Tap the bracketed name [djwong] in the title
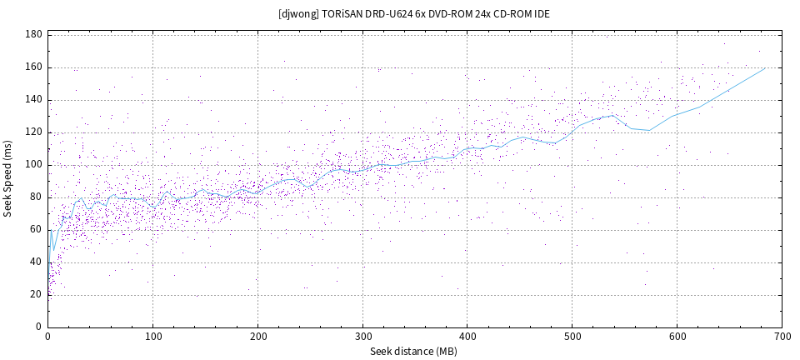click(297, 14)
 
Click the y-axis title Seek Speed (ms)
click(7, 180)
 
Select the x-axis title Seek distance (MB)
click(413, 352)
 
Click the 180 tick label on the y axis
click(34, 35)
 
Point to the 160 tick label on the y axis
click(34, 67)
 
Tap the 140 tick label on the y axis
click(34, 100)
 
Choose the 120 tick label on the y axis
click(34, 132)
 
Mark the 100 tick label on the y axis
click(34, 165)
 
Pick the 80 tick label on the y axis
click(37, 197)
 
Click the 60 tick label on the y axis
click(37, 230)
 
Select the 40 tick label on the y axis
click(37, 262)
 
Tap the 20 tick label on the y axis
click(37, 294)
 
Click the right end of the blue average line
click(765, 68)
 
